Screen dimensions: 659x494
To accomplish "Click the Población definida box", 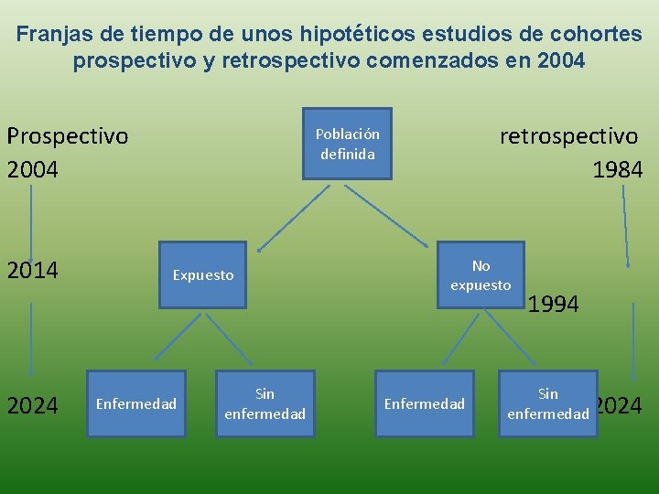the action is click(348, 144).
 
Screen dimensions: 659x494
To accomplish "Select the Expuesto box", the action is click(203, 275).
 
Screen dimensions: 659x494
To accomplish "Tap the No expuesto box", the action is click(481, 275).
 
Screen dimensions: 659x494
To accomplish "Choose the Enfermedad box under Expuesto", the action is click(136, 403).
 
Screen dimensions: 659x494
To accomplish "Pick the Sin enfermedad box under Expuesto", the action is click(265, 403).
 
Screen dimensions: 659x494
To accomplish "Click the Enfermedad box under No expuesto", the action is click(424, 403).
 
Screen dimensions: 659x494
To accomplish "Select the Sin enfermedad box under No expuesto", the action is click(548, 403).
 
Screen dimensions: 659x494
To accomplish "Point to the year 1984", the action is click(617, 169).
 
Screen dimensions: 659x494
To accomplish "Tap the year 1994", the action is click(554, 305).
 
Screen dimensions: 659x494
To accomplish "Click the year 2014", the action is click(33, 271).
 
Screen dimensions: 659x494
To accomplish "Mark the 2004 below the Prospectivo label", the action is click(33, 170).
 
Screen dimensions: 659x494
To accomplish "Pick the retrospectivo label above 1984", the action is click(568, 136).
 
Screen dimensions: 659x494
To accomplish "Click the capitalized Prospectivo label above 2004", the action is click(68, 136).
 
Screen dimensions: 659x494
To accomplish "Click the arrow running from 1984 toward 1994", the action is click(625, 224).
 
